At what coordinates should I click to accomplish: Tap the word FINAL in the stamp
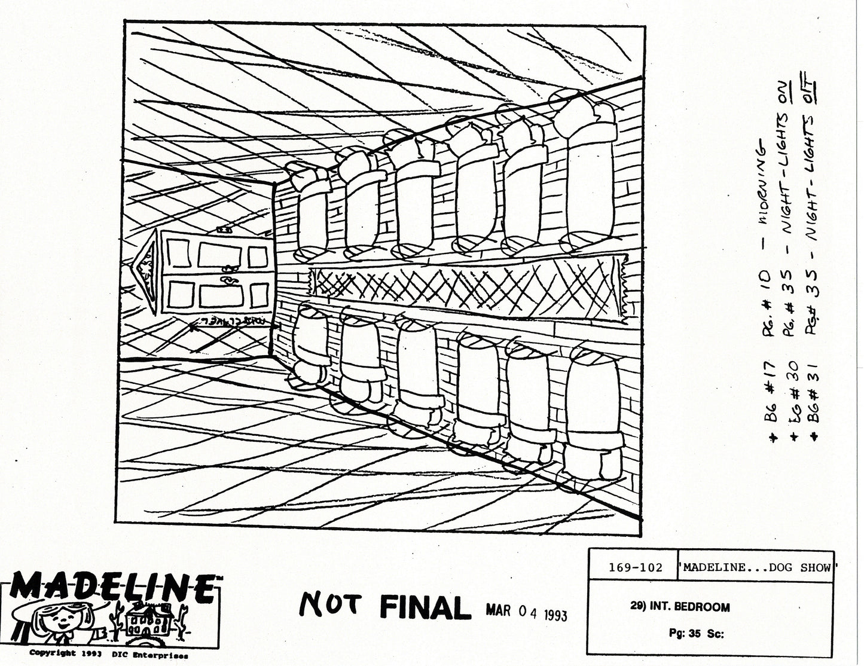[x=422, y=608]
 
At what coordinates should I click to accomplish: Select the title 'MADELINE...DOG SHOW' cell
[x=756, y=567]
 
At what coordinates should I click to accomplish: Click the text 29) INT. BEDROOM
[x=680, y=607]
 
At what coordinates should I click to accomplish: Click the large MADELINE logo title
[x=112, y=589]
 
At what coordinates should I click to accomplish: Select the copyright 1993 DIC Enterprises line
[x=109, y=653]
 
